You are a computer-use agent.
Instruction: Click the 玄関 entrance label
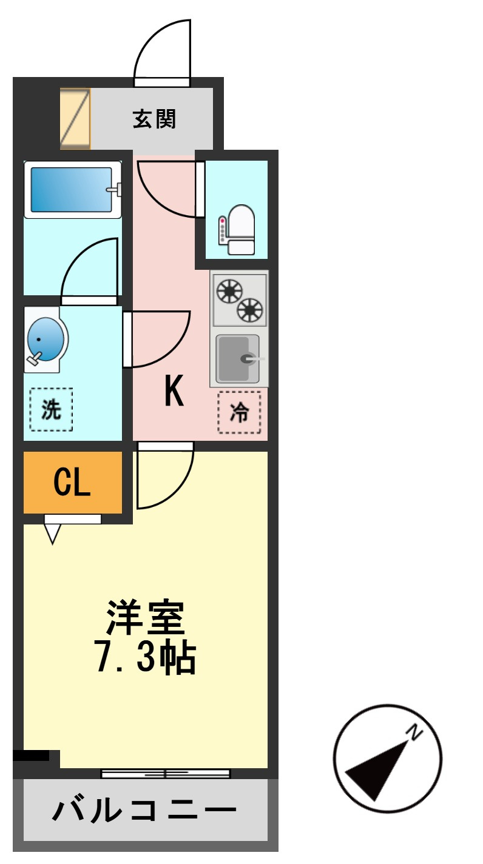(154, 119)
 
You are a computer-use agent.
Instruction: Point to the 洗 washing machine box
(51, 410)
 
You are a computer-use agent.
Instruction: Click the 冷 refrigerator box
(239, 412)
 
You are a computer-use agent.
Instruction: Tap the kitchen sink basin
(238, 359)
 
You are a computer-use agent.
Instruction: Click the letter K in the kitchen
(174, 392)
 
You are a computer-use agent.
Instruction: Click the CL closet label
(72, 483)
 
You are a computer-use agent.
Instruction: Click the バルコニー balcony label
(144, 811)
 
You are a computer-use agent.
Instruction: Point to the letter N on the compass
(415, 732)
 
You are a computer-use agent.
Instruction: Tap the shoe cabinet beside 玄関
(76, 119)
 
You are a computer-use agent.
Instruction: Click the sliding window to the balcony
(165, 774)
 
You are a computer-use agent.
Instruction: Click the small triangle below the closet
(53, 534)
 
